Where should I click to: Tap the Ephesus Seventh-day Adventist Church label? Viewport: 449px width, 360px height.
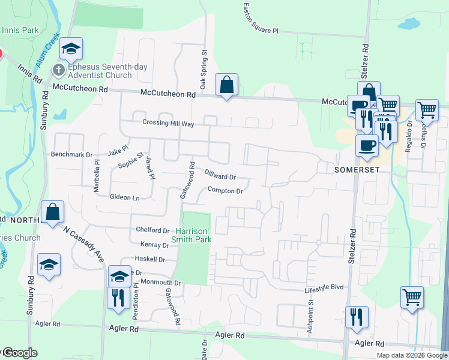coord(100,71)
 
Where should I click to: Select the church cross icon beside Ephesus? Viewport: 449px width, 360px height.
coord(59,70)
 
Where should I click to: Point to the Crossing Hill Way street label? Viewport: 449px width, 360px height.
coord(168,123)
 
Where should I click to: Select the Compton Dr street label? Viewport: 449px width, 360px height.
coord(224,191)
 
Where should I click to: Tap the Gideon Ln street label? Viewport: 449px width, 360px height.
coord(124,197)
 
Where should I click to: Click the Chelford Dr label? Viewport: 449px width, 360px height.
coord(153,230)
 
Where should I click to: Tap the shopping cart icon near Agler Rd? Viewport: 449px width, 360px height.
coord(412,297)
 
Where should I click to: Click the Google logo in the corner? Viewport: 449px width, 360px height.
coord(19,353)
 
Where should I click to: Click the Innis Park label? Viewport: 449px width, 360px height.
coord(20,30)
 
